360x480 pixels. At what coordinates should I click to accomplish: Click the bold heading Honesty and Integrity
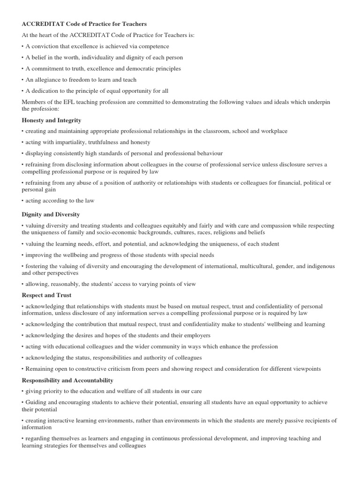click(51, 120)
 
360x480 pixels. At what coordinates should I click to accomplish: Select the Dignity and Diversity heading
click(51, 214)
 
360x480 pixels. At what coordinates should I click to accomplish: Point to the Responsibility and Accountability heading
click(67, 380)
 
